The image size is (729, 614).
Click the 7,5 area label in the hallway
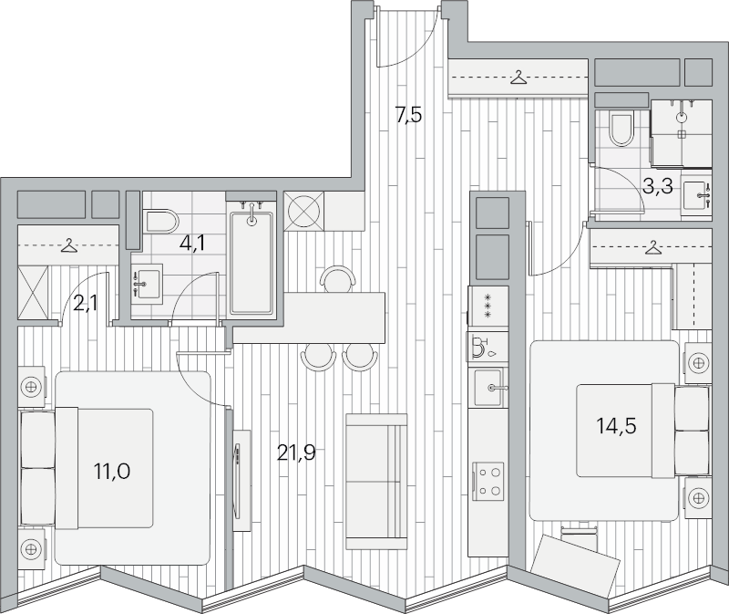(x=409, y=115)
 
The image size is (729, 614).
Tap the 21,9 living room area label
(x=296, y=452)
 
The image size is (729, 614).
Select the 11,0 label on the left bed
(x=112, y=471)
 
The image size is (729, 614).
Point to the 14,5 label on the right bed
(x=617, y=426)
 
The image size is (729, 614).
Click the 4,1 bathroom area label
(x=192, y=244)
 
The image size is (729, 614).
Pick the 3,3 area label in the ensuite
(x=658, y=187)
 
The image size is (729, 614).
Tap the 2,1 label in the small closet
(x=85, y=305)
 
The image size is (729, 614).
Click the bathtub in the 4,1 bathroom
(x=252, y=262)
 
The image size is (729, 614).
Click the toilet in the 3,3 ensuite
(x=621, y=129)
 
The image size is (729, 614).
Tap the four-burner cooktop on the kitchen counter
(x=488, y=481)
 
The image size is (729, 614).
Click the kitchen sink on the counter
(x=488, y=388)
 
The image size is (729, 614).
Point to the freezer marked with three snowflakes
(x=488, y=306)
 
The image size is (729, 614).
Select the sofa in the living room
(x=376, y=482)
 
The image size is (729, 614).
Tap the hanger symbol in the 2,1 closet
(x=69, y=245)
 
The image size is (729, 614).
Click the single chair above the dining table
(x=339, y=279)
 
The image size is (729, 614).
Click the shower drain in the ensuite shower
(x=682, y=134)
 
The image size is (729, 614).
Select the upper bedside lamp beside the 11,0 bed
(x=31, y=386)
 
